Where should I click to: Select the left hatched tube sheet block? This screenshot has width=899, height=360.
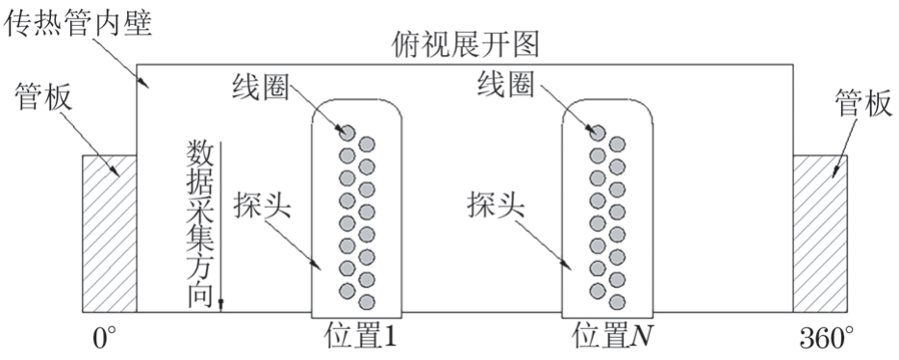pyautogui.click(x=109, y=233)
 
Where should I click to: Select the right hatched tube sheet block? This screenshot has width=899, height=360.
pyautogui.click(x=820, y=233)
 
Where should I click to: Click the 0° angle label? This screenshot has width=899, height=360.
pyautogui.click(x=105, y=340)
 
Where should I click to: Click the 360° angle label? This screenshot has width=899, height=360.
pyautogui.click(x=825, y=340)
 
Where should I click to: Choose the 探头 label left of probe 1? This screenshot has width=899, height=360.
pyautogui.click(x=263, y=205)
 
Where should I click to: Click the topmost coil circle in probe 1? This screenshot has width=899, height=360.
pyautogui.click(x=346, y=132)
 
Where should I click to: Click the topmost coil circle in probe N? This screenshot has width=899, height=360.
pyautogui.click(x=597, y=132)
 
